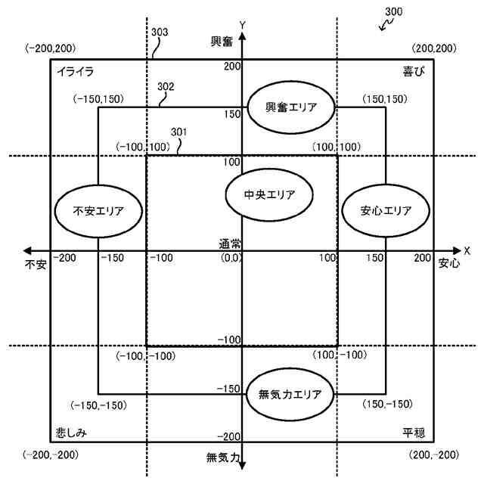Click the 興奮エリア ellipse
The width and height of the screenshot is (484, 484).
(x=291, y=108)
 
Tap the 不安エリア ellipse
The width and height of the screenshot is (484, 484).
(x=99, y=211)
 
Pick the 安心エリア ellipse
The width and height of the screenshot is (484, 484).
(x=386, y=211)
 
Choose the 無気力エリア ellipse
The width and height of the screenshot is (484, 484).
(x=290, y=394)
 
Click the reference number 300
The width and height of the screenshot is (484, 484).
(x=394, y=12)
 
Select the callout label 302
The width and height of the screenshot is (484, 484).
(x=166, y=86)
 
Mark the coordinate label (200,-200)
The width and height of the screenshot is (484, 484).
(x=433, y=455)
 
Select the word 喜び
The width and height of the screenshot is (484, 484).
(x=414, y=72)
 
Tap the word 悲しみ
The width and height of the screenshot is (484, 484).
(x=72, y=433)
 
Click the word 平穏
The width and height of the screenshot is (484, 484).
(x=414, y=433)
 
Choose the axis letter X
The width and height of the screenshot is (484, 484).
(x=467, y=250)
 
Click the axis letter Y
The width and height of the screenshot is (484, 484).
(x=242, y=25)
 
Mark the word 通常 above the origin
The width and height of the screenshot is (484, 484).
(x=231, y=244)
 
